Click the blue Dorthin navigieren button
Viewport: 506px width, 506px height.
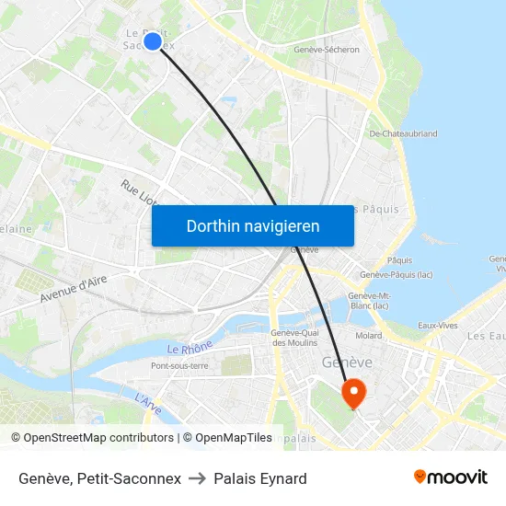pos(252,225)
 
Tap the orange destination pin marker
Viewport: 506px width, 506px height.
pos(353,394)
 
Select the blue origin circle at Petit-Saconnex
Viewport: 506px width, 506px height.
pos(153,40)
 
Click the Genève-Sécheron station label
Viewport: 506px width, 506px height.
pos(326,50)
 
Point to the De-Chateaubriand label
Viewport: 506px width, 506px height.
pos(403,133)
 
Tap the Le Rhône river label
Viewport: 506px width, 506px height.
pos(190,348)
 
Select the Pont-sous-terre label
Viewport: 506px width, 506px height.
pos(179,366)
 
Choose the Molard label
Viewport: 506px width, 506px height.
pos(369,336)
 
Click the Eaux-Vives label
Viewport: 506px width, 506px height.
pos(438,326)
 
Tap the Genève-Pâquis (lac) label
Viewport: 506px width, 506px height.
pos(397,275)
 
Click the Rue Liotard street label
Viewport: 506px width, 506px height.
pos(138,195)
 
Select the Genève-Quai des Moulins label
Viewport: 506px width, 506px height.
pos(295,338)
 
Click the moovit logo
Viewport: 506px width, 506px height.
pos(450,477)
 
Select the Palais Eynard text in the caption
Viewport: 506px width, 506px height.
pos(260,478)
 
